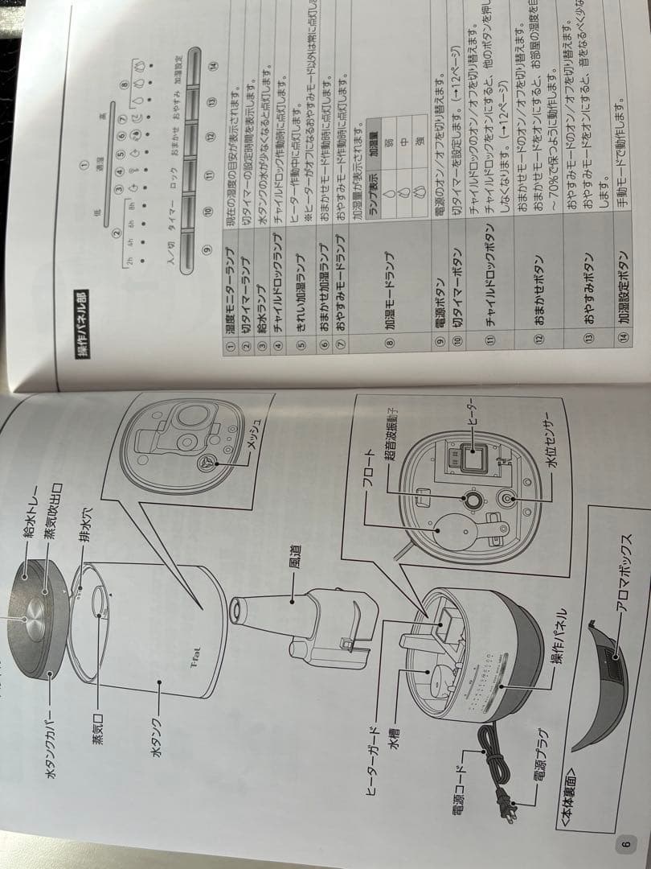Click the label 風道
274,555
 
